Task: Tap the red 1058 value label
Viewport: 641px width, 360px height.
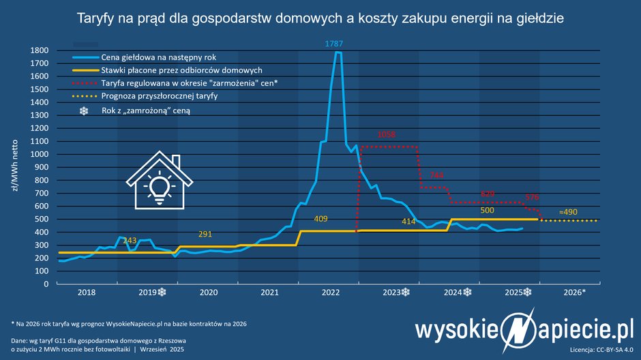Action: click(386, 135)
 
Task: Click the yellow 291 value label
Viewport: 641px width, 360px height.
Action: click(205, 234)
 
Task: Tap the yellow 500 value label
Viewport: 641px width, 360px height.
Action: click(488, 211)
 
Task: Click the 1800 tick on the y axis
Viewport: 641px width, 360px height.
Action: click(39, 50)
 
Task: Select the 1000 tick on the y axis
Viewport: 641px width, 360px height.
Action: click(39, 154)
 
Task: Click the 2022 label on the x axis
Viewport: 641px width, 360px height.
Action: click(331, 292)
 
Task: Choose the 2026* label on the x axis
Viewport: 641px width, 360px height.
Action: click(574, 292)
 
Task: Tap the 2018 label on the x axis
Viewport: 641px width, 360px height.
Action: click(87, 292)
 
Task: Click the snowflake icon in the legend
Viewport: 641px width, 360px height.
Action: click(84, 110)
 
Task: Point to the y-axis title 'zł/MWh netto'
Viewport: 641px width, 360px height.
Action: click(14, 167)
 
